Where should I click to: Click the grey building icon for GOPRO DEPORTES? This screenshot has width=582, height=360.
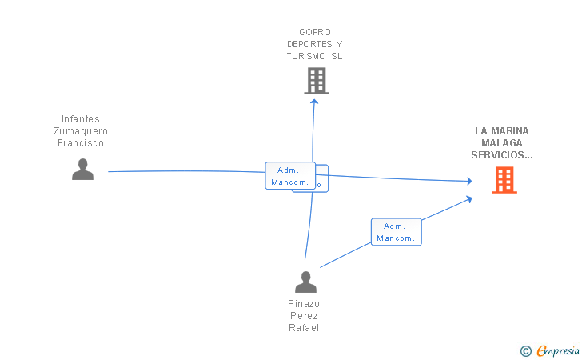tap(317, 81)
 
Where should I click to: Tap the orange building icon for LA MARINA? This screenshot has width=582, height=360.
tap(504, 180)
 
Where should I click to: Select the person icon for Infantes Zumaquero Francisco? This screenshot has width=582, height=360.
tap(82, 169)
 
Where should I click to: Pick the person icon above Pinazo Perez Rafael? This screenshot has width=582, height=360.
tap(305, 282)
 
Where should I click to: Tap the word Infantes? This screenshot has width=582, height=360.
tap(81, 119)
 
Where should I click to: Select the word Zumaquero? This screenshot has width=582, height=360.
tap(81, 131)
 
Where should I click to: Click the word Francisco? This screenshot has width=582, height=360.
tap(81, 143)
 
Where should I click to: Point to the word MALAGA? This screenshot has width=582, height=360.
tap(501, 142)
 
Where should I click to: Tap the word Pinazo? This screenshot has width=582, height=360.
tap(304, 304)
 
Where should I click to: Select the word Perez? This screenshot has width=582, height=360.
tap(304, 316)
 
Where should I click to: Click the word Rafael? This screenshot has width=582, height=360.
tap(304, 328)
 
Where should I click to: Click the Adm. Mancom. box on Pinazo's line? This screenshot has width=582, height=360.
tap(396, 232)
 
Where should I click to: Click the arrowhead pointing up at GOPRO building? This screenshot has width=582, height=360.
tap(314, 101)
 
